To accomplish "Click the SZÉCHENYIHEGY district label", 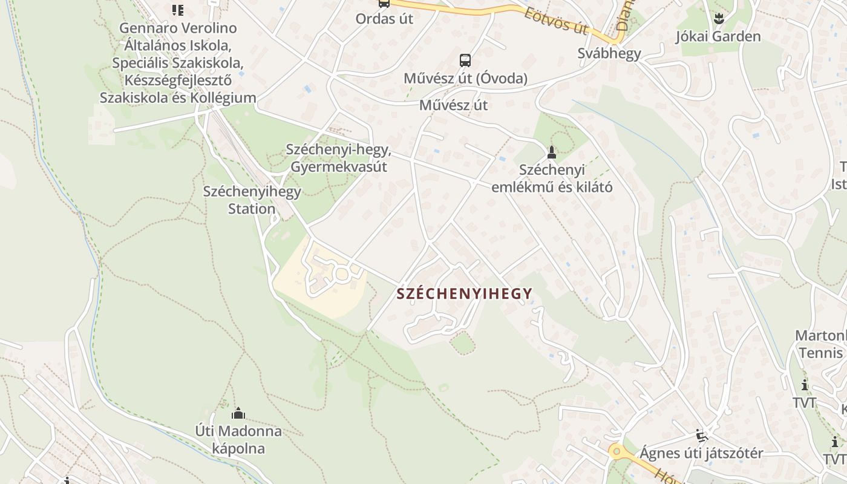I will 465,294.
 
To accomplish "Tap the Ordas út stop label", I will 384,19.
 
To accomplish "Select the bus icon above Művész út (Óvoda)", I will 465,60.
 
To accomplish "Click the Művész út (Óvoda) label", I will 465,79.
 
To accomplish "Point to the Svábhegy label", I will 609,53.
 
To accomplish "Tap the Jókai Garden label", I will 718,36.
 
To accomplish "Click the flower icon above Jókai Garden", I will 718,19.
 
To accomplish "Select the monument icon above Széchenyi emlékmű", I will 551,152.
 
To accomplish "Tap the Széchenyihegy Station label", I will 252,200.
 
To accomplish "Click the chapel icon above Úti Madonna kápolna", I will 238,414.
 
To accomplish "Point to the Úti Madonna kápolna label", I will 238,440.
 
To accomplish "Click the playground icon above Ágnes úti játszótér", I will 701,435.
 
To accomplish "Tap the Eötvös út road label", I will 556,20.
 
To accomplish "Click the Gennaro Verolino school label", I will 178,62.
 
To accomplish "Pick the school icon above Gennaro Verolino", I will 177,10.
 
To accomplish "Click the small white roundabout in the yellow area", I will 342,275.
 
